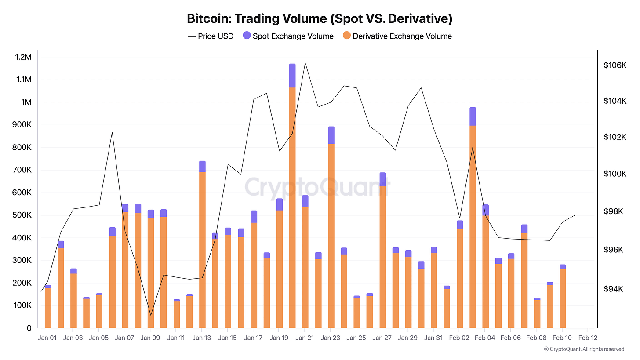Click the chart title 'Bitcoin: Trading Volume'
click(320, 18)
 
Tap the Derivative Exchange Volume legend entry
click(397, 36)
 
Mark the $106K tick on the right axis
click(615, 65)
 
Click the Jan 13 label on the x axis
click(202, 338)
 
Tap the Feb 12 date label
click(588, 338)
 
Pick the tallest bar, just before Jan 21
click(292, 198)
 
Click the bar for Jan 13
click(202, 246)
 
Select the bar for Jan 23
click(331, 229)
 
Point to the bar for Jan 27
click(382, 251)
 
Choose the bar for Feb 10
click(563, 297)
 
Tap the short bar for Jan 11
click(177, 314)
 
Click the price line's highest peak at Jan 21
click(305, 62)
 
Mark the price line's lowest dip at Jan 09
click(151, 315)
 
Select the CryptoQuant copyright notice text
click(584, 349)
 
